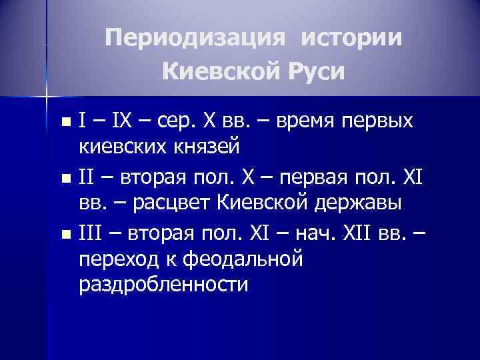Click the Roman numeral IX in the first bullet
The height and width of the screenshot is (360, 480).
[x=123, y=121]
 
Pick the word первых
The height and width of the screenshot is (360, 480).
[x=383, y=121]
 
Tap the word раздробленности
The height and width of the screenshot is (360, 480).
[x=163, y=283]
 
